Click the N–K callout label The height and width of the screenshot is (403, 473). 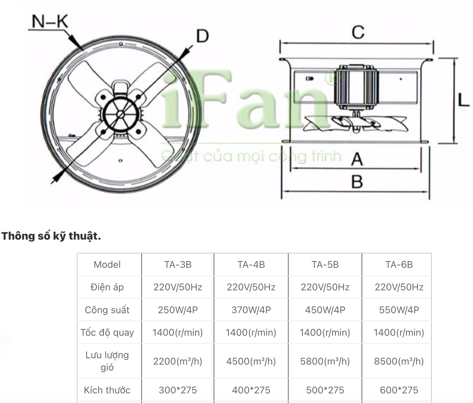pyautogui.click(x=50, y=22)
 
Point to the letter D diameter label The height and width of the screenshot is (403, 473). pyautogui.click(x=203, y=36)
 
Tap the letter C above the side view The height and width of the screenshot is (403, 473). pyautogui.click(x=358, y=32)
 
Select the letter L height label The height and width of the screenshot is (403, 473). pyautogui.click(x=464, y=100)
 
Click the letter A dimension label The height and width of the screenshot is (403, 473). pyautogui.click(x=357, y=159)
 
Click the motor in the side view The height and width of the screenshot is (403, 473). pyautogui.click(x=356, y=88)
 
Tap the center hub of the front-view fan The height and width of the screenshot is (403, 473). pyautogui.click(x=121, y=114)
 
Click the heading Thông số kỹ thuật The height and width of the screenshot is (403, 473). pyautogui.click(x=51, y=236)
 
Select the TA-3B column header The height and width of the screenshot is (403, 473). pyautogui.click(x=178, y=264)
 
